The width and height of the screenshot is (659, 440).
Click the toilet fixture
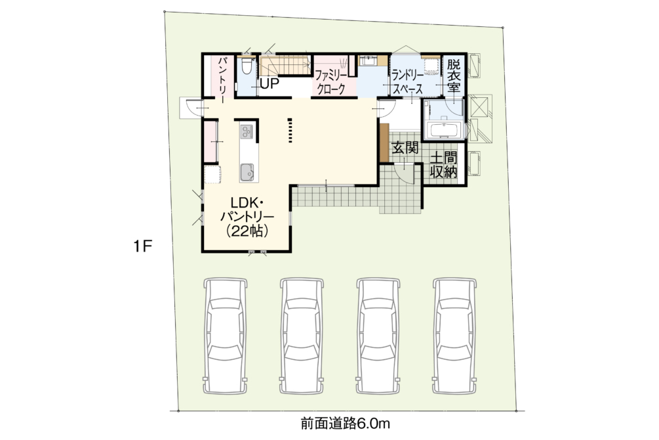click(247, 66)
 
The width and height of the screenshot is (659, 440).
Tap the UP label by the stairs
click(270, 83)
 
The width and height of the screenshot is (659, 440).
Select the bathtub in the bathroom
click(445, 129)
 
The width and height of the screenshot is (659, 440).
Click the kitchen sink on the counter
click(247, 172)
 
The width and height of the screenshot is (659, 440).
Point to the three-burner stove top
click(247, 132)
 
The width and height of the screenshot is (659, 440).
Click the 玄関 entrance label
click(405, 148)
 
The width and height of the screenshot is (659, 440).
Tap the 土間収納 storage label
click(444, 165)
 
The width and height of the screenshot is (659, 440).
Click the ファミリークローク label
click(332, 82)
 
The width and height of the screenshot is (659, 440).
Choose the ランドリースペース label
click(408, 82)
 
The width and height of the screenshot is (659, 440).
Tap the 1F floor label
click(143, 246)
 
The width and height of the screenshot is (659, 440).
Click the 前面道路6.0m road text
click(346, 423)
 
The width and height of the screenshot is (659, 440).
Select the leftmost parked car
click(226, 336)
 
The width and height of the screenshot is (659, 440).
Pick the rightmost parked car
click(455, 336)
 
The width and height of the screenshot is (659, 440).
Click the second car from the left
click(302, 336)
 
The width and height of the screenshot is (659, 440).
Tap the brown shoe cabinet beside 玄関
click(384, 143)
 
